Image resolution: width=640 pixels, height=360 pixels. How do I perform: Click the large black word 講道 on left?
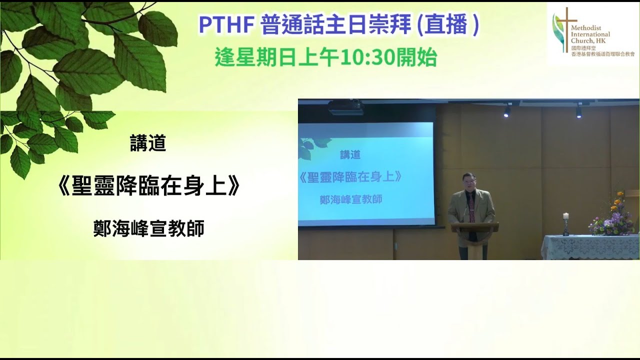click(148, 144)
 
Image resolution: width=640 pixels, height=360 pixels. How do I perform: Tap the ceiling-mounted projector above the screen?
click(345, 106)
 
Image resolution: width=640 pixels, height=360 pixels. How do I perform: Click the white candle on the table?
click(566, 217)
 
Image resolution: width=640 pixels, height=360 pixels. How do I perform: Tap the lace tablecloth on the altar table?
click(590, 247)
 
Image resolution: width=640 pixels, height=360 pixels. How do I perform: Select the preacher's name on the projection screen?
click(351, 199)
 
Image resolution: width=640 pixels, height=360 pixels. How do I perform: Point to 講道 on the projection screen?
click(350, 155)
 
